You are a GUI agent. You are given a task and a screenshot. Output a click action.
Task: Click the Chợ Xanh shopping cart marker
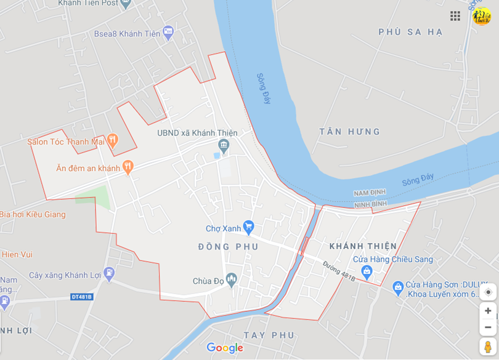click(249, 228)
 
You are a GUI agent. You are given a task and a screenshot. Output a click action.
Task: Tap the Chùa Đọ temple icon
click(232, 281)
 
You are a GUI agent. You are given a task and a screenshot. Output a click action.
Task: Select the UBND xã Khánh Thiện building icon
click(224, 146)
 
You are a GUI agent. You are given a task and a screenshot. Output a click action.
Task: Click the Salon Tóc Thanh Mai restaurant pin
click(112, 141)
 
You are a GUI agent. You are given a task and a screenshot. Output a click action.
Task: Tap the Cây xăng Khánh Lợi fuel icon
click(109, 274)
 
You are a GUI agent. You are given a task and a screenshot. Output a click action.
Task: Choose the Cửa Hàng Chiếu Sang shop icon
click(367, 271)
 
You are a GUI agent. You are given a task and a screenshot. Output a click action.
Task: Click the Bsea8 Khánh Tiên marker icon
click(168, 33)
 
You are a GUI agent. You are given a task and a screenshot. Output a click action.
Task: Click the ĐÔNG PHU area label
click(228, 247)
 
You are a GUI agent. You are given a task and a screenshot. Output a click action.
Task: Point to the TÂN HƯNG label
click(350, 132)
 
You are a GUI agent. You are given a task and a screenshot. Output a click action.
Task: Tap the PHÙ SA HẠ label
click(410, 32)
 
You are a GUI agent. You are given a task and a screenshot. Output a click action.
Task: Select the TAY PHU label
click(269, 335)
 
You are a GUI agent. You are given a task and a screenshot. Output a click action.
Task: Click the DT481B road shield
click(81, 297)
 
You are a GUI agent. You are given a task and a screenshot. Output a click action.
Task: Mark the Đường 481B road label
click(339, 271)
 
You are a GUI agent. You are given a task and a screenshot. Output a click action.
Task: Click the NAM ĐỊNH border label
click(370, 193)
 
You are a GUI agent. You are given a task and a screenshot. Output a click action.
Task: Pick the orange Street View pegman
click(487, 347)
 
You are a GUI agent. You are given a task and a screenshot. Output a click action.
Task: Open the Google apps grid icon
click(455, 16)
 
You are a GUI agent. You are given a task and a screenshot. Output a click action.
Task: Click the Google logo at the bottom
click(225, 348)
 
